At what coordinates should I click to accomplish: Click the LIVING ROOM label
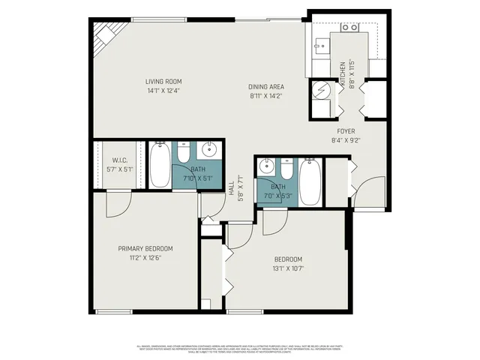click(x=163, y=81)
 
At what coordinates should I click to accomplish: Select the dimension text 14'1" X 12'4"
click(x=163, y=91)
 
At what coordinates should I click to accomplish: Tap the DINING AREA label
click(x=266, y=86)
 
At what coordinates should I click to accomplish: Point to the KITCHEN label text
click(x=343, y=75)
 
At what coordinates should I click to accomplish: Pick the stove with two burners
click(x=349, y=28)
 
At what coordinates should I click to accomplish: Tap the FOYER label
click(x=346, y=131)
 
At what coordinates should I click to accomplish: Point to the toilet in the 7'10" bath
click(x=183, y=151)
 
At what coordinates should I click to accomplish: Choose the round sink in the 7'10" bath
click(x=210, y=150)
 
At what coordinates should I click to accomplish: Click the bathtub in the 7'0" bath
click(x=309, y=181)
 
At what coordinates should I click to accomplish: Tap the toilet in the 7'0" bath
click(x=286, y=166)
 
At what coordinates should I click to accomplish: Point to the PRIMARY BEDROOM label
click(x=145, y=248)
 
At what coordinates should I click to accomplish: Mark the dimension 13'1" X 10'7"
click(x=288, y=268)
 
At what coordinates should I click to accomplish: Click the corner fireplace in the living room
click(x=105, y=37)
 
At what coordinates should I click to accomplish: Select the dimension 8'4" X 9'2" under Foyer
click(x=346, y=140)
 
